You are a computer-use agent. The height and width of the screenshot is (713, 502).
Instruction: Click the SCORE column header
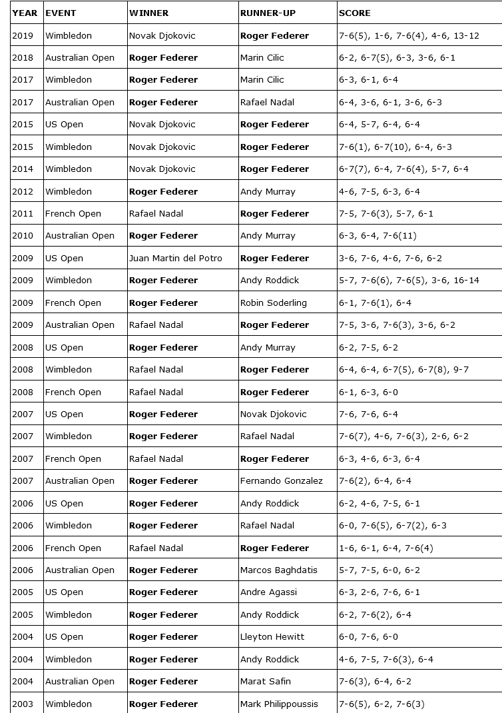tap(355, 13)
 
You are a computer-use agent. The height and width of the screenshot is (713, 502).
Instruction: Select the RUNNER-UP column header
tap(268, 13)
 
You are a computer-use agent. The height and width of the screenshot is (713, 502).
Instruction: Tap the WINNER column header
tap(148, 13)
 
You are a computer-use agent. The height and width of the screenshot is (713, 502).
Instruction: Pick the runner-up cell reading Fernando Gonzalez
tap(281, 480)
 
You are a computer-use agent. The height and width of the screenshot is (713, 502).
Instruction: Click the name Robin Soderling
tap(273, 303)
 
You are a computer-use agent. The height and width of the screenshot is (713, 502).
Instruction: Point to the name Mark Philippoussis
tap(279, 704)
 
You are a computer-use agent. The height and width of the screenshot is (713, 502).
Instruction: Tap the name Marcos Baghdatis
tap(278, 570)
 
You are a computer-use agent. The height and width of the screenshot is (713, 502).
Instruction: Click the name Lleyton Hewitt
tap(272, 636)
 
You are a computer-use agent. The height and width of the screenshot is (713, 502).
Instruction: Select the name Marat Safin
tap(265, 681)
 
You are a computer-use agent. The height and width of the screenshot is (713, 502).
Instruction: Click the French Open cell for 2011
tap(73, 213)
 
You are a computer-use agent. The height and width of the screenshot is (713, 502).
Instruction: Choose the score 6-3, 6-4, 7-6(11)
tap(379, 235)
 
